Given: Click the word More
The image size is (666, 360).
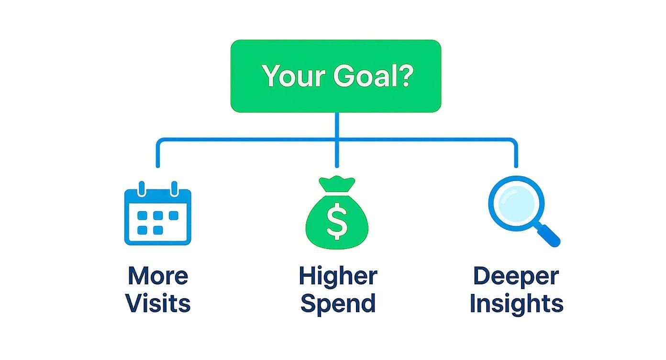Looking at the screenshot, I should point(158,276).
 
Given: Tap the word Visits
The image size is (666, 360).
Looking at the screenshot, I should point(158,304).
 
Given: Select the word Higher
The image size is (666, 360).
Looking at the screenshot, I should point(338,276).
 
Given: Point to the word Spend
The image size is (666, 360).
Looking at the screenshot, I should point(338,304).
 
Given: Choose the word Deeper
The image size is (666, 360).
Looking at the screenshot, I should point(516,276).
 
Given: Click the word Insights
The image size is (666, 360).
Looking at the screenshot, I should point(516,304).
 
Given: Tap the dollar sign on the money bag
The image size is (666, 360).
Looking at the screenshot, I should point(337,221).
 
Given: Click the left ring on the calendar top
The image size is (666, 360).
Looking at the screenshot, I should point(142,188).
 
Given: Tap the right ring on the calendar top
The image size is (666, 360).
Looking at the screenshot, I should point(174,188).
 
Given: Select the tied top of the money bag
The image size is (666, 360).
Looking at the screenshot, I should point(337,183).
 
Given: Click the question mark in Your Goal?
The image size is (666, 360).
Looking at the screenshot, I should point(404,76).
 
